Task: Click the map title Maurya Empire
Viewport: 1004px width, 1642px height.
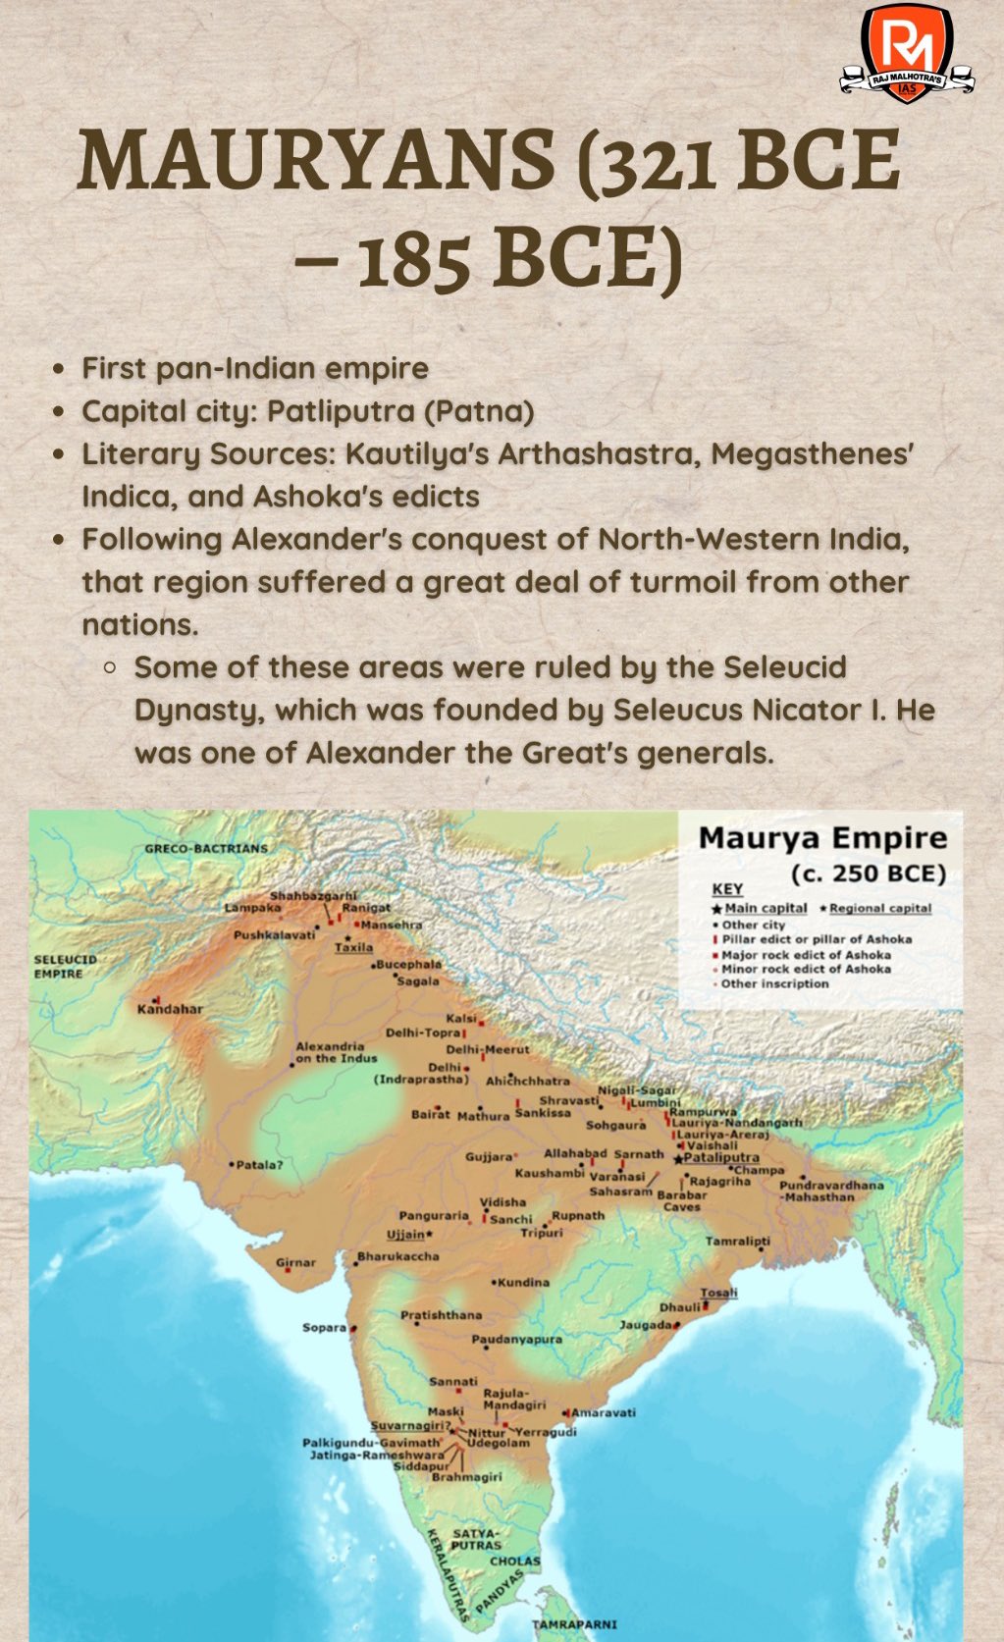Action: [x=821, y=838]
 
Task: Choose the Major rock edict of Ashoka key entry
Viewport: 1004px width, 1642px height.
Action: [x=806, y=954]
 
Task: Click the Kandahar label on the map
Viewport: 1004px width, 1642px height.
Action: [x=170, y=1008]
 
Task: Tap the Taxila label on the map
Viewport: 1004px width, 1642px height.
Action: [x=353, y=947]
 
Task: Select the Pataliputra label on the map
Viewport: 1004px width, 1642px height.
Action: [x=721, y=1157]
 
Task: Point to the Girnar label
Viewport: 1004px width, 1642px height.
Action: [x=295, y=1262]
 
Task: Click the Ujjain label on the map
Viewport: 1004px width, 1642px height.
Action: [x=405, y=1234]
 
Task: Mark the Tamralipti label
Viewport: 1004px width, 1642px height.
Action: [x=737, y=1241]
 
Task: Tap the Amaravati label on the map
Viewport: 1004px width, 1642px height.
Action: [x=604, y=1412]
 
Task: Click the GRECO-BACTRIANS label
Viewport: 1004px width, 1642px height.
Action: [x=206, y=848]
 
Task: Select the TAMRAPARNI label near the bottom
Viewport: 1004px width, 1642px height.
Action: [x=574, y=1623]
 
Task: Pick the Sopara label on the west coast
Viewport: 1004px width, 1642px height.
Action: [x=325, y=1327]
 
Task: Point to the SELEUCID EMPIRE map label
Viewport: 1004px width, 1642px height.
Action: [x=65, y=966]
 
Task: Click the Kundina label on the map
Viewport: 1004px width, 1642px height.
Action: [x=523, y=1282]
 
